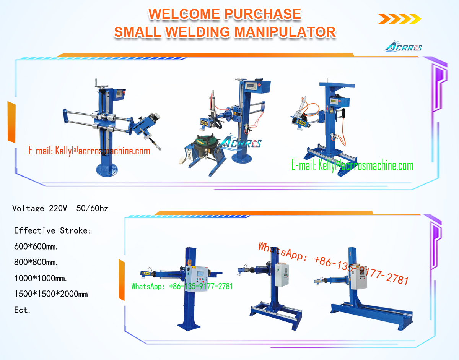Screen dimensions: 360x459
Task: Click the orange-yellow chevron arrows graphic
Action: coord(400,18)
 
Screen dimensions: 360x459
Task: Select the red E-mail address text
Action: coord(89,151)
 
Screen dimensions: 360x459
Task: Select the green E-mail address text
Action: coord(352,166)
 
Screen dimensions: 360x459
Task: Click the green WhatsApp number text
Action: coord(182,286)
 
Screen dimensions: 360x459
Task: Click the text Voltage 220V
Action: coord(40,208)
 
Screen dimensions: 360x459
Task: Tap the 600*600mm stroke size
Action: coord(36,246)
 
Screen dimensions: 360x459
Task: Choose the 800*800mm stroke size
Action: coord(36,263)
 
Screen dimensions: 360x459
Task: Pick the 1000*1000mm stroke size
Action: coord(41,278)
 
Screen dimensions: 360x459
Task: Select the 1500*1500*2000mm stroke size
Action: coord(51,294)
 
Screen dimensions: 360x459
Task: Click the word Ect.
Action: coord(22,310)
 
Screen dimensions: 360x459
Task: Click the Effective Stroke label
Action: coord(53,230)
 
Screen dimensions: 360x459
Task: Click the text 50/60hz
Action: coord(92,208)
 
